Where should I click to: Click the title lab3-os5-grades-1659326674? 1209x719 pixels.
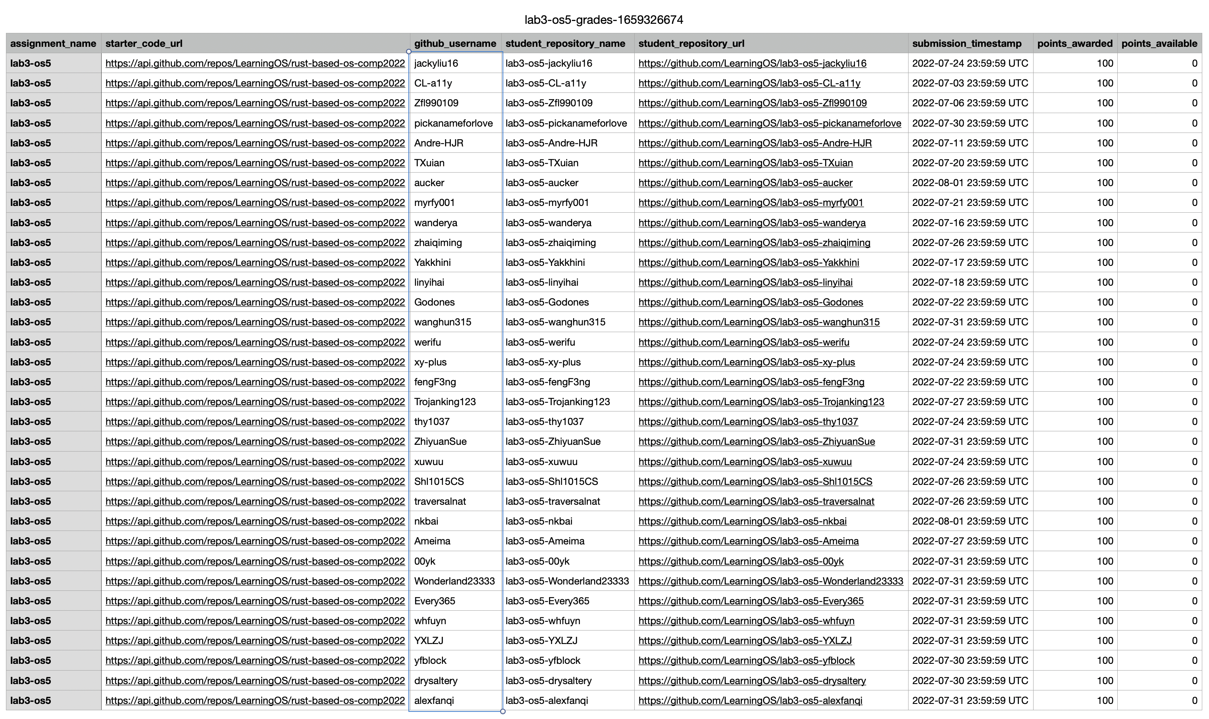604,20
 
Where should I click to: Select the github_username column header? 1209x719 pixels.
454,44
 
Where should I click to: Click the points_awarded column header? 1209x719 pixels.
1074,44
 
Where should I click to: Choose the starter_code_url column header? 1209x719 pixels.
144,44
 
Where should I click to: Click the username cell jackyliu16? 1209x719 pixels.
436,63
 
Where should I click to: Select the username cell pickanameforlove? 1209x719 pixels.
453,123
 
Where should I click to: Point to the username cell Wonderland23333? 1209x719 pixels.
454,581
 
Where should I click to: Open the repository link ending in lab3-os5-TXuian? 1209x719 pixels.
745,163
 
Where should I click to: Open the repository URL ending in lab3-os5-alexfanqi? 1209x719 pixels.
750,700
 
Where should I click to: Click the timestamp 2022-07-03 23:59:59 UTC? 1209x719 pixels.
970,83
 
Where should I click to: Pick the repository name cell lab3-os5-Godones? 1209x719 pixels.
547,302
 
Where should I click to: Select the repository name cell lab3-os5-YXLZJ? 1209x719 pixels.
541,640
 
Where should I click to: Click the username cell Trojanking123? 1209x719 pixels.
445,402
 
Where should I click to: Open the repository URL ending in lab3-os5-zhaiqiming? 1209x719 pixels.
754,243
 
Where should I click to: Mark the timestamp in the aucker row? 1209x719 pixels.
970,183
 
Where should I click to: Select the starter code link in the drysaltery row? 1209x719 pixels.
255,680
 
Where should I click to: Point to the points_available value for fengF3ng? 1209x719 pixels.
1194,382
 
